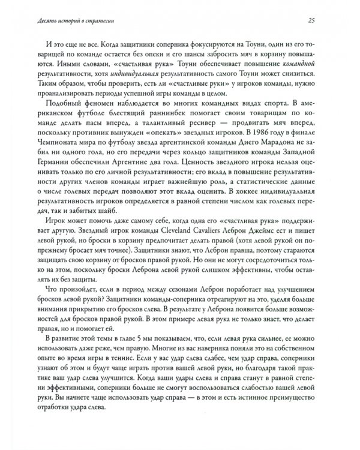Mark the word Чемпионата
pos(64,159)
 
